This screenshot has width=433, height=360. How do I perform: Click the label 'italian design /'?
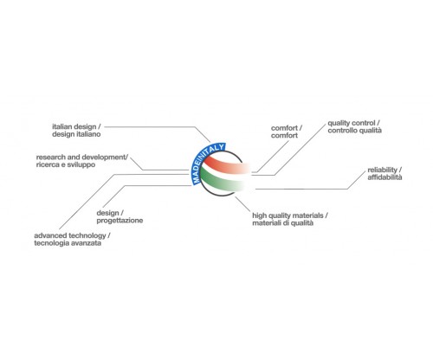(x=76, y=126)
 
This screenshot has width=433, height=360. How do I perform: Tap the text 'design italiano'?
(x=76, y=134)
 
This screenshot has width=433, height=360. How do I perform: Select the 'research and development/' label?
(x=82, y=157)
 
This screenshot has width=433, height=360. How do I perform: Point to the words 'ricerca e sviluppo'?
(x=66, y=164)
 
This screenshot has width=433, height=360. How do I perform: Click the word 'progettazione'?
(x=120, y=221)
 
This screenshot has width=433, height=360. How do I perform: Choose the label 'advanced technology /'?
(x=72, y=235)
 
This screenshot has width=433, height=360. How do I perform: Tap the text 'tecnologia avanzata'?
(x=68, y=243)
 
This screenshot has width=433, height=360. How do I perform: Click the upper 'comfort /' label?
(x=287, y=128)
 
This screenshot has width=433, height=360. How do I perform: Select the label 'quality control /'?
(x=353, y=123)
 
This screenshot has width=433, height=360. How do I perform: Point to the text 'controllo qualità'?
(x=354, y=131)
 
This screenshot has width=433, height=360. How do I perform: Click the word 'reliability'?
(x=383, y=170)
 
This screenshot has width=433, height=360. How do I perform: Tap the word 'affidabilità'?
(x=385, y=177)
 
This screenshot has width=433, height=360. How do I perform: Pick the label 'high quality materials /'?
(x=290, y=215)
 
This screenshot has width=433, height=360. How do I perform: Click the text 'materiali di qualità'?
(x=282, y=222)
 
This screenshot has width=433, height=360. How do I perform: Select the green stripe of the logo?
(x=223, y=181)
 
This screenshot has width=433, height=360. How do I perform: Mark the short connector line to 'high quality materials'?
(x=242, y=204)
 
